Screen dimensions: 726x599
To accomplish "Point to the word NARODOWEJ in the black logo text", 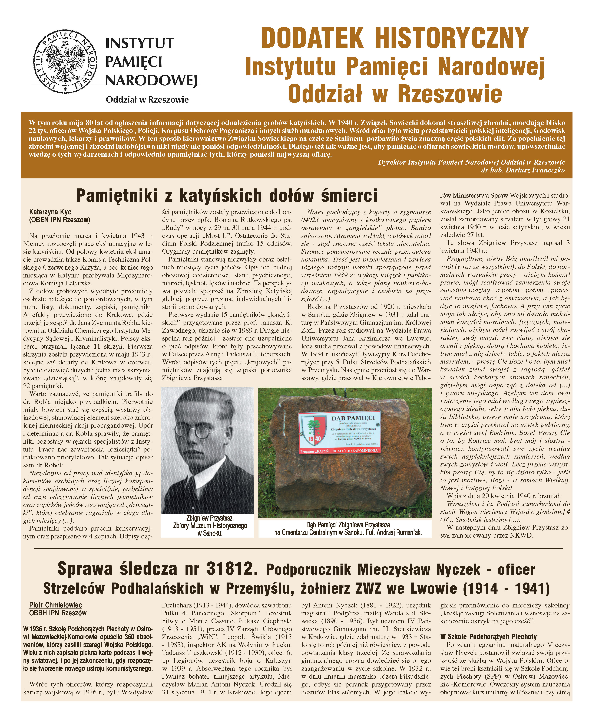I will (151, 81).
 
